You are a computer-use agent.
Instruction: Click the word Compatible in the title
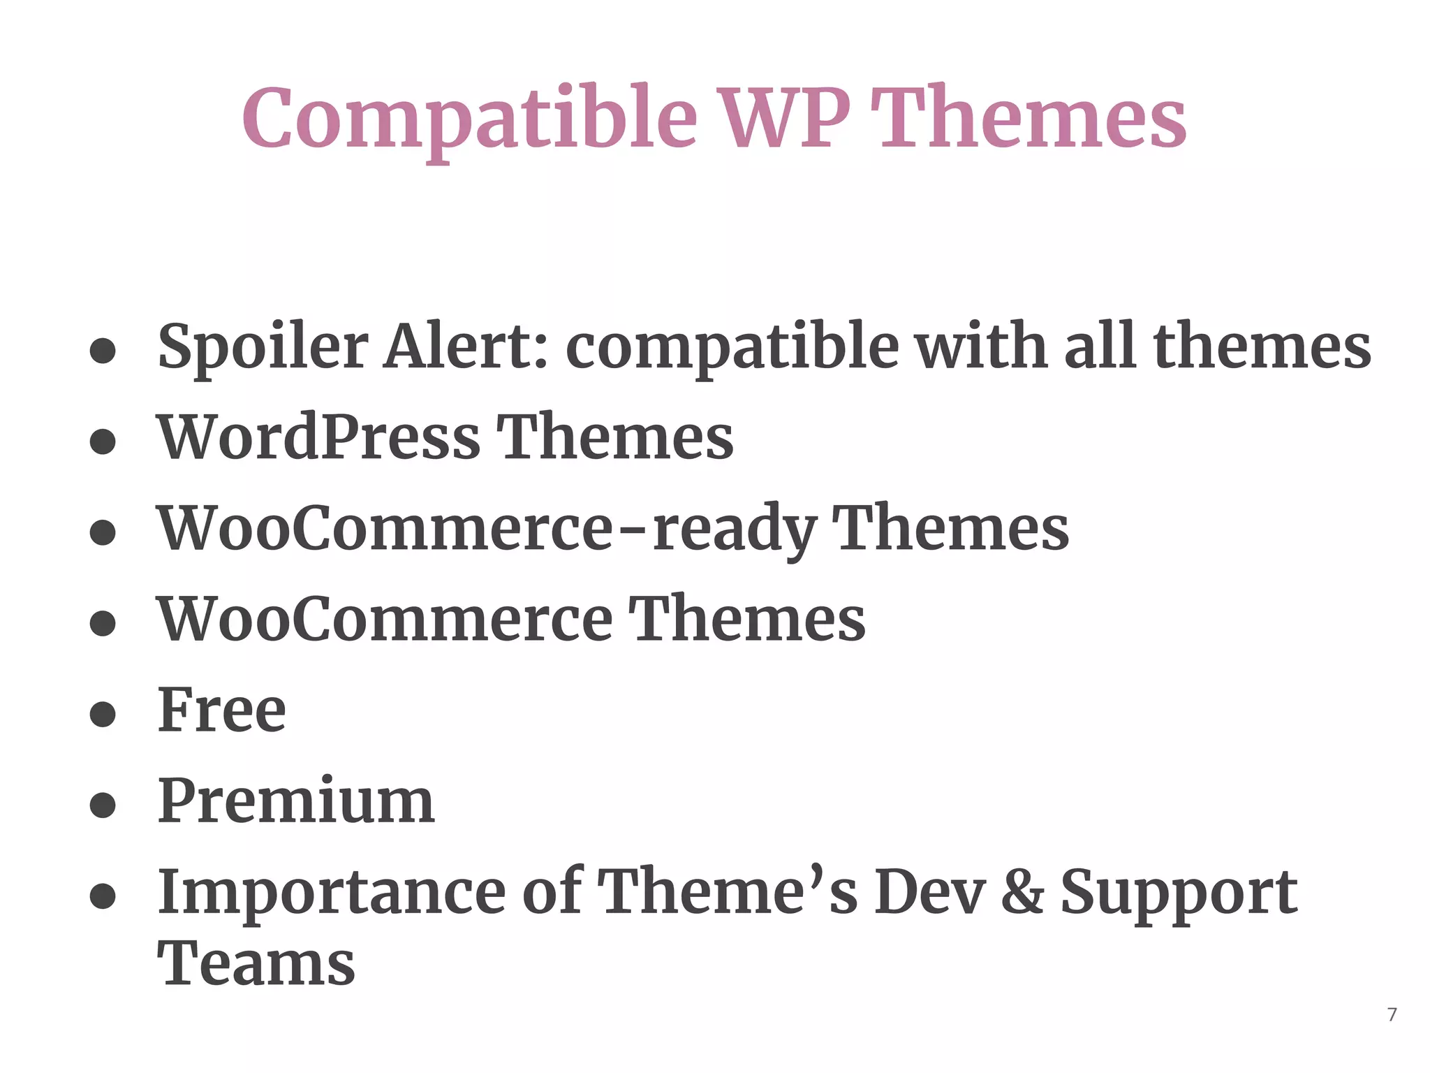tap(469, 119)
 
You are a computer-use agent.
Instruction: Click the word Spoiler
tap(263, 347)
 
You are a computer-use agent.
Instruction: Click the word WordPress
tap(318, 437)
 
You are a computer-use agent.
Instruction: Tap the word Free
tap(222, 710)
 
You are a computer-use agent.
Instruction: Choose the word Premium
tap(296, 801)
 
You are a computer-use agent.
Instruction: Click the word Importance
tap(332, 893)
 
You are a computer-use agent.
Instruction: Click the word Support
tap(1179, 893)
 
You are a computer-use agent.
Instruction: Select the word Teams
tap(256, 964)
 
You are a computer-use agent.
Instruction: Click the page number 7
tap(1392, 1015)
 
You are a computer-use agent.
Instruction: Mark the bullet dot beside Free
tap(103, 714)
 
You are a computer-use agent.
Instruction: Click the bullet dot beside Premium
tap(103, 805)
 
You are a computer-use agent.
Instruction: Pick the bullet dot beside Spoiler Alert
tap(103, 351)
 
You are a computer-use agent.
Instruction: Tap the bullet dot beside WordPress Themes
tap(103, 441)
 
